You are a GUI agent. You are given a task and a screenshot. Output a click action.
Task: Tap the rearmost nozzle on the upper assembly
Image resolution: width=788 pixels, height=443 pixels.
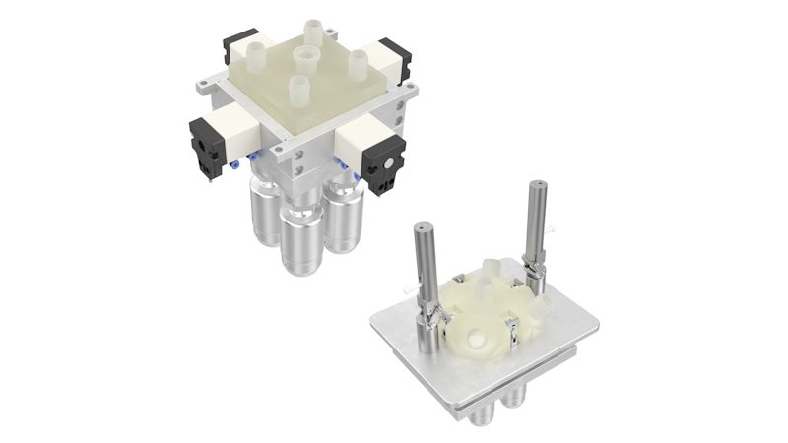coord(312,30)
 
